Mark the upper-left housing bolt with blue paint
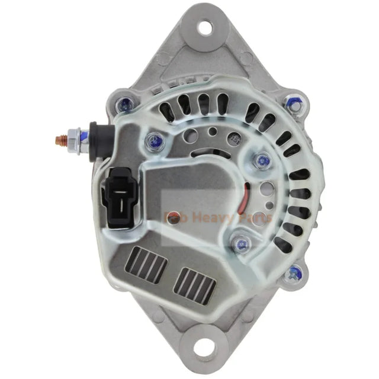point(126,104)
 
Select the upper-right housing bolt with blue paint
point(293,103)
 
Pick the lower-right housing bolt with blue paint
point(292,274)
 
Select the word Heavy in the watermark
point(208,217)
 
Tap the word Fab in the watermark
point(175,217)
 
